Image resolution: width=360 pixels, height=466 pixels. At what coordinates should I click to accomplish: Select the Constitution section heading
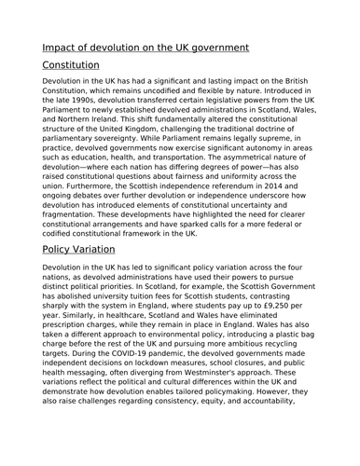pos(71,66)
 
